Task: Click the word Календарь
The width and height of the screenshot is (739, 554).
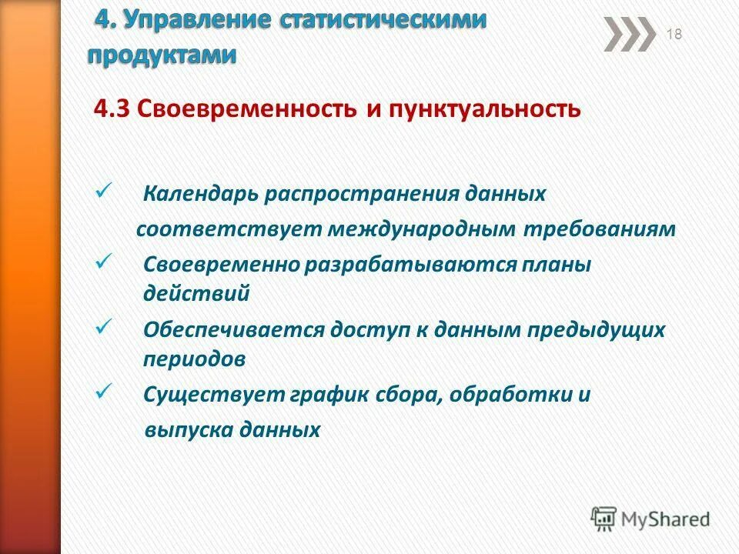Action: click(201, 194)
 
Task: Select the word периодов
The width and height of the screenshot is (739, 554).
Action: click(195, 359)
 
